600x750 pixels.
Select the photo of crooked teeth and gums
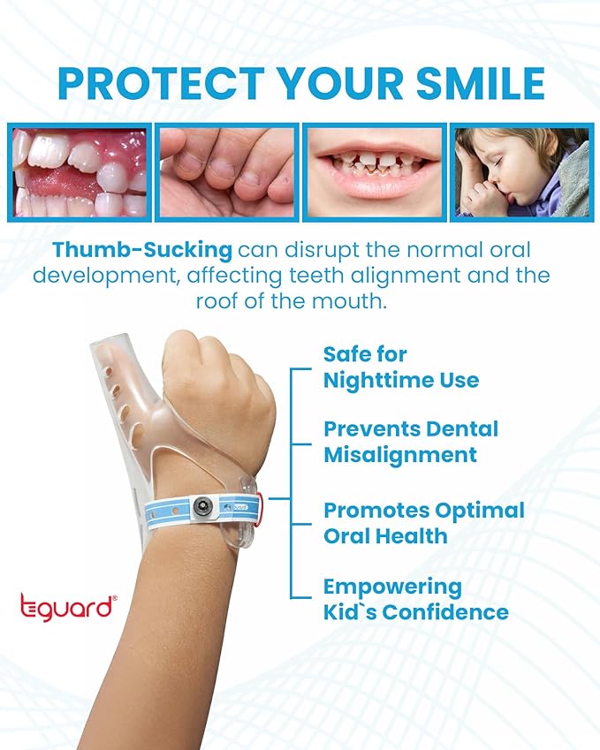pos(80,172)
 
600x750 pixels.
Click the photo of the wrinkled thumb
pos(227,172)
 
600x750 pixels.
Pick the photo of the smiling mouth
pos(375,172)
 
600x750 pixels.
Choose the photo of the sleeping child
pos(520,172)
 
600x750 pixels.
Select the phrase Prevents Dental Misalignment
pos(410,442)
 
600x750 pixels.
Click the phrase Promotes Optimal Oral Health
pos(423,523)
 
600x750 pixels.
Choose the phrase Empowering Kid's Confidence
pos(415,599)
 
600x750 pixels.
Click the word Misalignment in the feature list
pos(399,455)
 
